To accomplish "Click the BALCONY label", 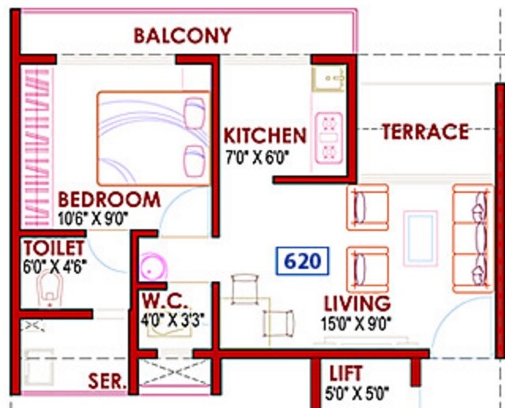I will click(x=183, y=36).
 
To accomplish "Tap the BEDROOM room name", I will click(x=109, y=199).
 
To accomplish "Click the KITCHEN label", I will click(x=264, y=135).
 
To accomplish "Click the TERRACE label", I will click(x=425, y=131).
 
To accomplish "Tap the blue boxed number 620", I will click(x=303, y=261).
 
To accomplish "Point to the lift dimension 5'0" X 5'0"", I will click(x=358, y=391).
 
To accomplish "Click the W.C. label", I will click(x=164, y=301).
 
